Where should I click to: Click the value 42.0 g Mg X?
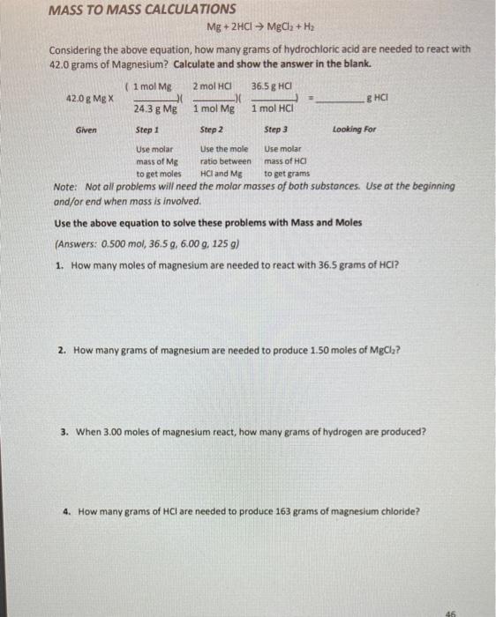point(87,99)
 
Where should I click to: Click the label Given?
point(86,130)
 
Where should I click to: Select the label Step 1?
point(147,130)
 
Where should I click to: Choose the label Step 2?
point(212,130)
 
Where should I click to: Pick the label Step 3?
point(277,130)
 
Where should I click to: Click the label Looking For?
point(354,130)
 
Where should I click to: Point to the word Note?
point(65,187)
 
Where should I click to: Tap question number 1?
point(58,264)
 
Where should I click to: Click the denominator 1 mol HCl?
point(273,109)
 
